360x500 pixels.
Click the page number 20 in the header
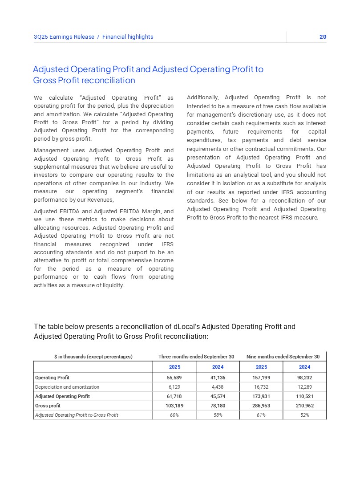click(323, 37)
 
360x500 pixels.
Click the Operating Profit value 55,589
click(174, 378)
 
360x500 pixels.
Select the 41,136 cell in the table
click(218, 378)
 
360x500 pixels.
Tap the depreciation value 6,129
click(174, 387)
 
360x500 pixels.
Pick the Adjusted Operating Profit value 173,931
click(261, 396)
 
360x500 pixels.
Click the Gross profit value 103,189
click(174, 406)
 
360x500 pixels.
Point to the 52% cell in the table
click(304, 415)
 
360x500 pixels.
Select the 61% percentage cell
click(261, 415)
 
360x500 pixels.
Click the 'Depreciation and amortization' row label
click(67, 387)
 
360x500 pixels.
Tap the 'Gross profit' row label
click(48, 406)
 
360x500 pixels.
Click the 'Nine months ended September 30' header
click(283, 357)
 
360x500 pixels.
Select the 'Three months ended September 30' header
click(196, 357)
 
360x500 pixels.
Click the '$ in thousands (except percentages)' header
click(93, 357)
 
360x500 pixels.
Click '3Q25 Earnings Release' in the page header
click(64, 37)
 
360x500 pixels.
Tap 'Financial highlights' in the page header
click(128, 37)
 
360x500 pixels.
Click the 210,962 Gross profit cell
click(304, 406)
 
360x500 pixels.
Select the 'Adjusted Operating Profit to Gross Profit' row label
click(77, 415)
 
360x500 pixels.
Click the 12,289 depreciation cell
click(304, 387)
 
